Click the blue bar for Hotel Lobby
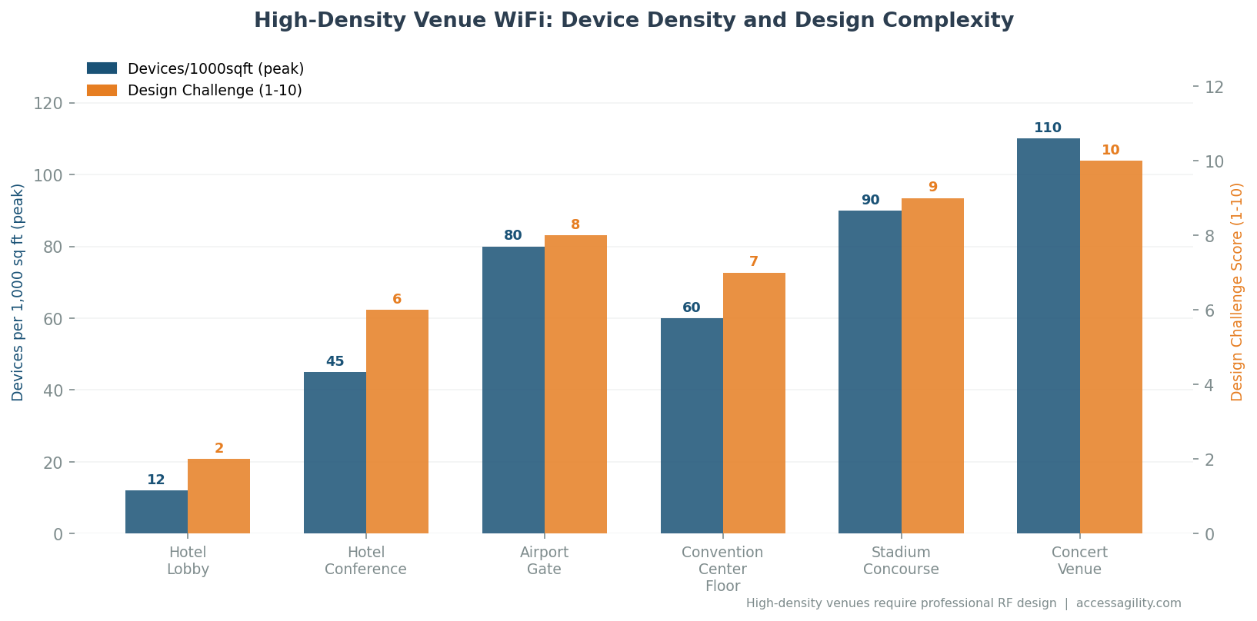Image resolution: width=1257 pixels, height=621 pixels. (156, 512)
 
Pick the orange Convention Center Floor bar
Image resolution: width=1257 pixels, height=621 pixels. (754, 403)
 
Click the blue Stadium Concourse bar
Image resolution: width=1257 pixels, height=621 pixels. (869, 372)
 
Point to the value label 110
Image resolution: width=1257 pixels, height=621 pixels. (1048, 128)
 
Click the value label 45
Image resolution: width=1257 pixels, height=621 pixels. (335, 361)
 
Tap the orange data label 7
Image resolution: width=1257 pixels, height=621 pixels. (754, 262)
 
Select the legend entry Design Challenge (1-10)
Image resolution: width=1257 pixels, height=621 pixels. (214, 91)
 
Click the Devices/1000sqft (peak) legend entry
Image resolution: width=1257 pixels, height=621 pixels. (215, 69)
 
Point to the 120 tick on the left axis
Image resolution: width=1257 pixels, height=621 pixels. (48, 103)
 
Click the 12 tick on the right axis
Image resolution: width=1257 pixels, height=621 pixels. (1214, 87)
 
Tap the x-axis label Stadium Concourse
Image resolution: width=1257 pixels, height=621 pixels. (901, 561)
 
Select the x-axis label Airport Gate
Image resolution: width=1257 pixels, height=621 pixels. (544, 561)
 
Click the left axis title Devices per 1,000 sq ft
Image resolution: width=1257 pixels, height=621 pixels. (18, 292)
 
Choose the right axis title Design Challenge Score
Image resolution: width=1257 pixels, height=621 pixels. (1237, 292)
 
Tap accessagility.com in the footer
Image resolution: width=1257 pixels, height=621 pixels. (1129, 603)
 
